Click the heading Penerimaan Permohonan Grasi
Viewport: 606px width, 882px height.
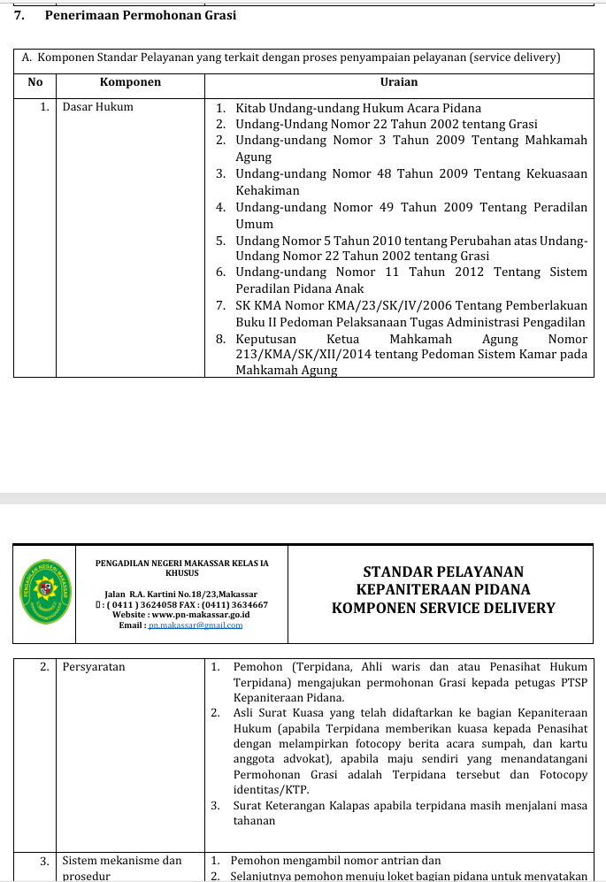tap(141, 15)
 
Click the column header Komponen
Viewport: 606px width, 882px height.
tap(130, 82)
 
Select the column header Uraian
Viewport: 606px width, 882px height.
tap(398, 82)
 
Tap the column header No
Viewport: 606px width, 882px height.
tap(35, 82)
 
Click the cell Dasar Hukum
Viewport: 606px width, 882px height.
tap(97, 107)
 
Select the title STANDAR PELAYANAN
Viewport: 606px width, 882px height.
tap(443, 572)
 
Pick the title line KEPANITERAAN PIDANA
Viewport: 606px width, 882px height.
tap(443, 590)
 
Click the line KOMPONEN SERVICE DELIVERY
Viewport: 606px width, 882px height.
tap(443, 609)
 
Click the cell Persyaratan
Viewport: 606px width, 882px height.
tap(94, 667)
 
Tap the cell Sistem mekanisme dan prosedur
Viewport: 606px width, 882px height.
tap(121, 868)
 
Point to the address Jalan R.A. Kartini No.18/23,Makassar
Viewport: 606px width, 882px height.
tap(181, 594)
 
